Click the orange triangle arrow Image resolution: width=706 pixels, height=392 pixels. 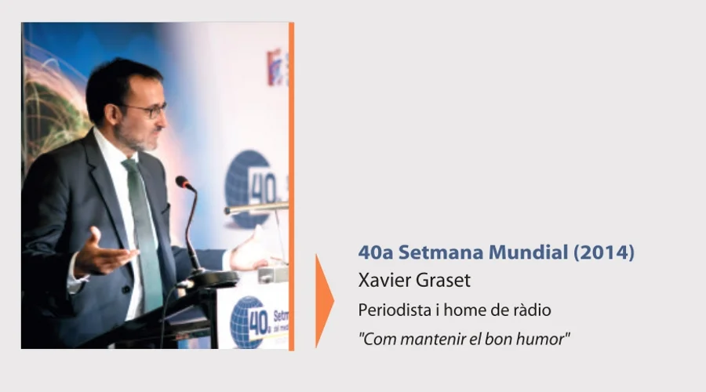coord(323,300)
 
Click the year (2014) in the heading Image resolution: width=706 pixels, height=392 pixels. coord(604,252)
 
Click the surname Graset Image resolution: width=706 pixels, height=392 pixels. coord(443,281)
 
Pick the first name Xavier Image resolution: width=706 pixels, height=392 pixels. coord(385,281)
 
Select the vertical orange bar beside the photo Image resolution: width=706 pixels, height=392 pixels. coord(291,186)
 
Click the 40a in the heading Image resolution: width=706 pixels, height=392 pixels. coord(376,252)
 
